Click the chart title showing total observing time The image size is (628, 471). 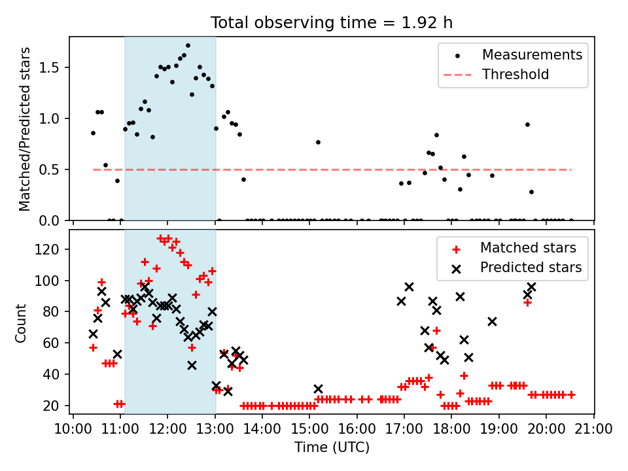click(332, 23)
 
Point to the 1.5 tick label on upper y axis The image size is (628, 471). click(48, 67)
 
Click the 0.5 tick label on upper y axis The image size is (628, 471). click(48, 170)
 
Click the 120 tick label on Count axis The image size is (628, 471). click(48, 249)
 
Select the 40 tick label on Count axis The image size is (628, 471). click(51, 374)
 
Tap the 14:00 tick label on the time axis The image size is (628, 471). click(262, 428)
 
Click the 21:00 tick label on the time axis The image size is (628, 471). click(593, 428)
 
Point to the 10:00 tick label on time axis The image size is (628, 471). click(73, 428)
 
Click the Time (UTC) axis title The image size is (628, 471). click(332, 447)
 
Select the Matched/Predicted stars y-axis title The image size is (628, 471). click(24, 129)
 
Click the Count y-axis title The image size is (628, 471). click(20, 323)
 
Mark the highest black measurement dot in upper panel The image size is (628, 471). click(188, 46)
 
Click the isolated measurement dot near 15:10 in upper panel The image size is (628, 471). click(318, 142)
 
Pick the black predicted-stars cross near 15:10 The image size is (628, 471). click(318, 389)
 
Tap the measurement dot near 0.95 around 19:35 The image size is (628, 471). click(527, 124)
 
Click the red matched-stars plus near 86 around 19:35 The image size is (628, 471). click(527, 303)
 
